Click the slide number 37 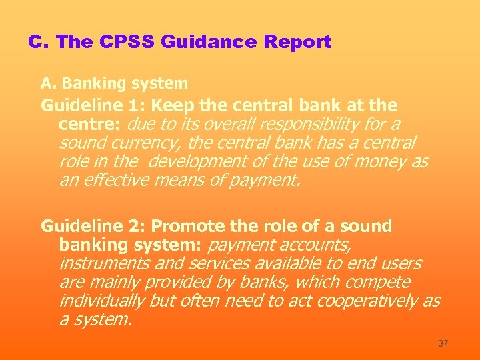coord(443,343)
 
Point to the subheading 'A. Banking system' coord(114,83)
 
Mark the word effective coord(113,180)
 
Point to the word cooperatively coord(367,301)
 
